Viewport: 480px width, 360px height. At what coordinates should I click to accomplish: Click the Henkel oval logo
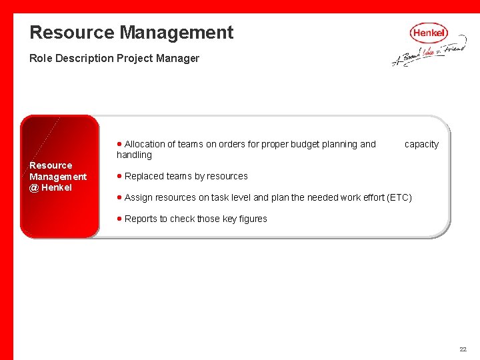(429, 33)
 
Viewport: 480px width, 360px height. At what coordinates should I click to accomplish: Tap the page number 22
(463, 349)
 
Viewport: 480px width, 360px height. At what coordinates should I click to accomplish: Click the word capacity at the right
(421, 144)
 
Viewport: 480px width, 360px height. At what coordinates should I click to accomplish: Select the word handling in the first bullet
(134, 155)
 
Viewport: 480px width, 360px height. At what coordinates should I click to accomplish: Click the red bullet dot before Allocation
(119, 144)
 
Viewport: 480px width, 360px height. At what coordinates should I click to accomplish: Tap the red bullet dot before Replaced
(119, 176)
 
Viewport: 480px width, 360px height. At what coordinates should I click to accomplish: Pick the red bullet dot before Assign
(119, 197)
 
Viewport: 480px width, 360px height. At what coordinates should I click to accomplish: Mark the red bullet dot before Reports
(119, 219)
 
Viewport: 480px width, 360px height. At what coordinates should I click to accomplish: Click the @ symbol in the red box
(34, 187)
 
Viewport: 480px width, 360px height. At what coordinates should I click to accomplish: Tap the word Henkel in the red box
(57, 187)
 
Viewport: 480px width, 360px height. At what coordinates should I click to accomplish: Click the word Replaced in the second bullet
(144, 176)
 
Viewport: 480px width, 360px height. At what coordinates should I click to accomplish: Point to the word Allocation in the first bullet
(145, 144)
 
